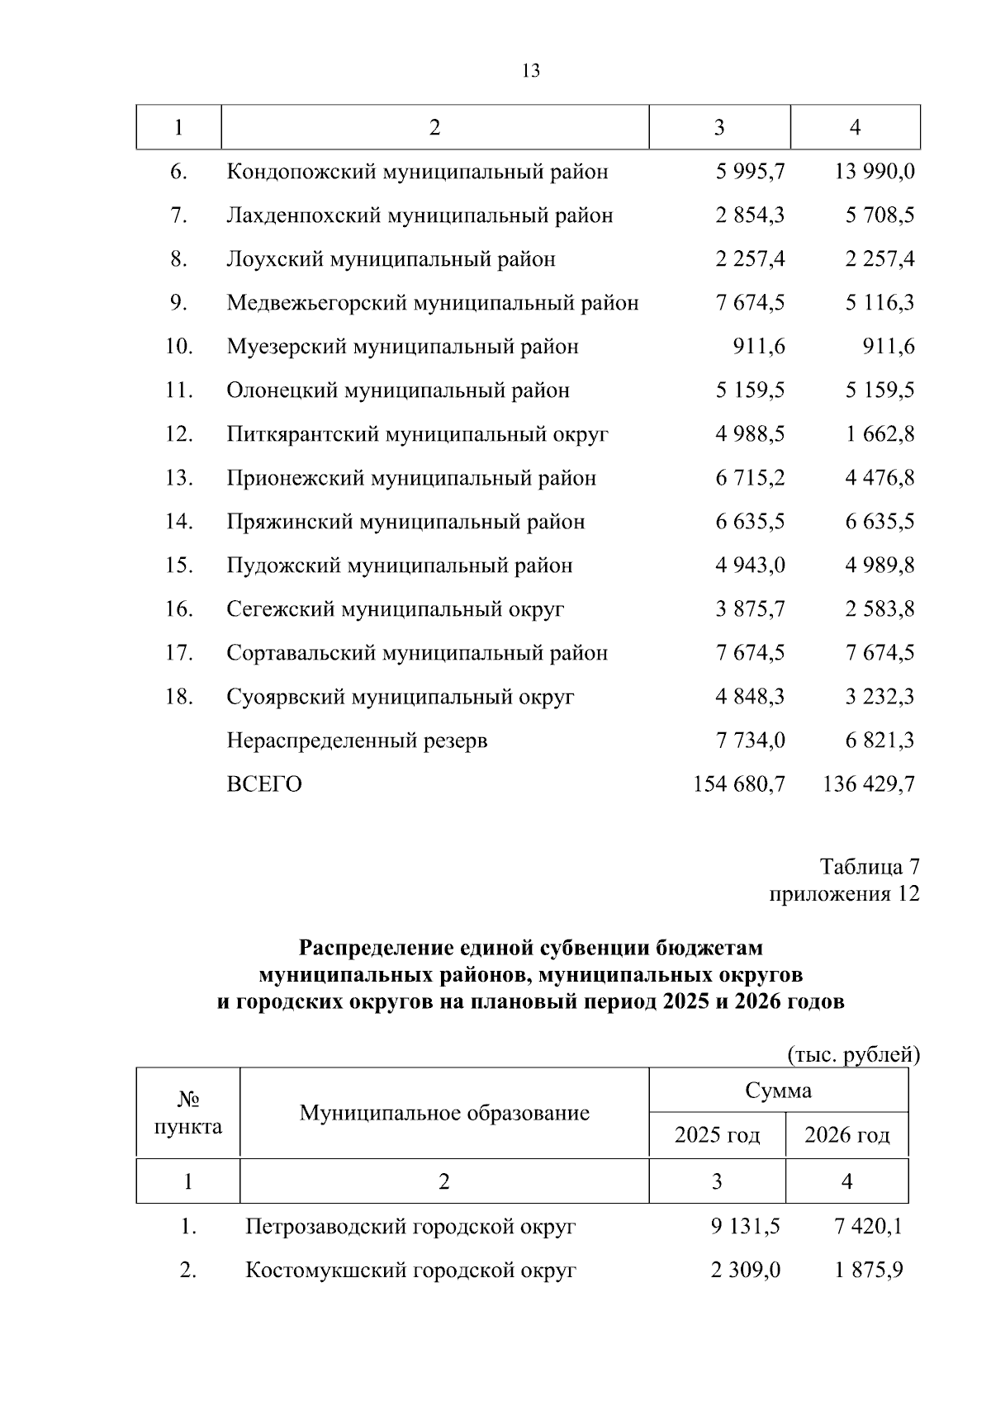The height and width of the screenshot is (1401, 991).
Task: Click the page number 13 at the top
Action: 531,71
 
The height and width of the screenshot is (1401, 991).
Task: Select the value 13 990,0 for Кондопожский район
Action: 870,172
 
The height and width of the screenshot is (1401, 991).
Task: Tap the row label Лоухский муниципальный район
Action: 391,259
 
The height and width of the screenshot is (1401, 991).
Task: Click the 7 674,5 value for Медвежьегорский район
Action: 750,303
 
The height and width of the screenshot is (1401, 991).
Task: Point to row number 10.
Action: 179,347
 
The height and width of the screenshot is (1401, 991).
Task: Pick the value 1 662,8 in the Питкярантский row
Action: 880,434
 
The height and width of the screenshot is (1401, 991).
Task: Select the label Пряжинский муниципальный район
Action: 405,522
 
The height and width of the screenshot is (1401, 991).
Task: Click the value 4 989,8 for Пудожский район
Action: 880,566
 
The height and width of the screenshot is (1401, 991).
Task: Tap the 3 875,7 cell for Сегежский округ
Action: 750,609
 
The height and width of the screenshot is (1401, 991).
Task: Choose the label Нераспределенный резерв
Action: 357,741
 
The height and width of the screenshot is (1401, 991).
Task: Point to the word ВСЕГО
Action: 264,784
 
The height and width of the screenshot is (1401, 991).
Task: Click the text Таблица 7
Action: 869,867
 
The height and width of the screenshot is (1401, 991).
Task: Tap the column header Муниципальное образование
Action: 444,1113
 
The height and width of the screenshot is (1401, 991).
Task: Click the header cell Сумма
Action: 778,1091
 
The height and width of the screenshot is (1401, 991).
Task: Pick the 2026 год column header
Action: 847,1135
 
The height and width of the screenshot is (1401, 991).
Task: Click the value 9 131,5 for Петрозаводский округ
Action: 745,1227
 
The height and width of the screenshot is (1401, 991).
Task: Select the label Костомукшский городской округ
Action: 410,1271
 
